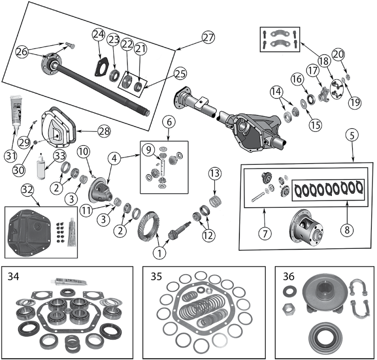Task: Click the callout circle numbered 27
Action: pyautogui.click(x=208, y=37)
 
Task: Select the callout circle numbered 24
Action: pyautogui.click(x=98, y=34)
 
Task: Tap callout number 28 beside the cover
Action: pyautogui.click(x=104, y=131)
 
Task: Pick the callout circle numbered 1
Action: pyautogui.click(x=160, y=253)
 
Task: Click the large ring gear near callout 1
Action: pyautogui.click(x=150, y=229)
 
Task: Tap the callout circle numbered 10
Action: pyautogui.click(x=82, y=152)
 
